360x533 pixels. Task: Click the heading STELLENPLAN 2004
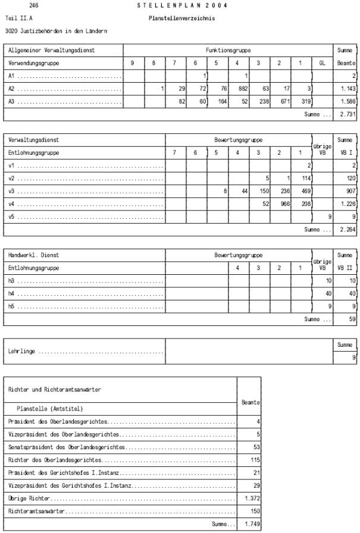tap(181, 5)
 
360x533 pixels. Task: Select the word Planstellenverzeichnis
tap(181, 18)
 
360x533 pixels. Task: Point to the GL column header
tap(322, 62)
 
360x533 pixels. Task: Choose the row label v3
tap(12, 191)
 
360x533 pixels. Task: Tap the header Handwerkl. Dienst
tap(34, 255)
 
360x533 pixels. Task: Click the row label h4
tap(12, 293)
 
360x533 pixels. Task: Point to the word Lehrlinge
tap(21, 351)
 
